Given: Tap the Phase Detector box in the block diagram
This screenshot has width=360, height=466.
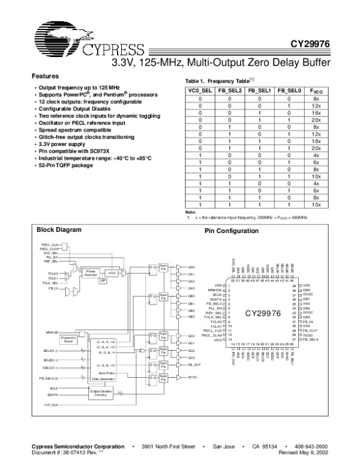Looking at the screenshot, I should coord(92,273).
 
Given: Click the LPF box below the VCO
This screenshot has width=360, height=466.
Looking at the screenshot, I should coord(103,280).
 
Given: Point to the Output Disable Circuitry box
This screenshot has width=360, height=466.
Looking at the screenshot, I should coord(101,393).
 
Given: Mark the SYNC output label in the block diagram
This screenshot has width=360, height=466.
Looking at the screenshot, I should coord(193,377).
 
